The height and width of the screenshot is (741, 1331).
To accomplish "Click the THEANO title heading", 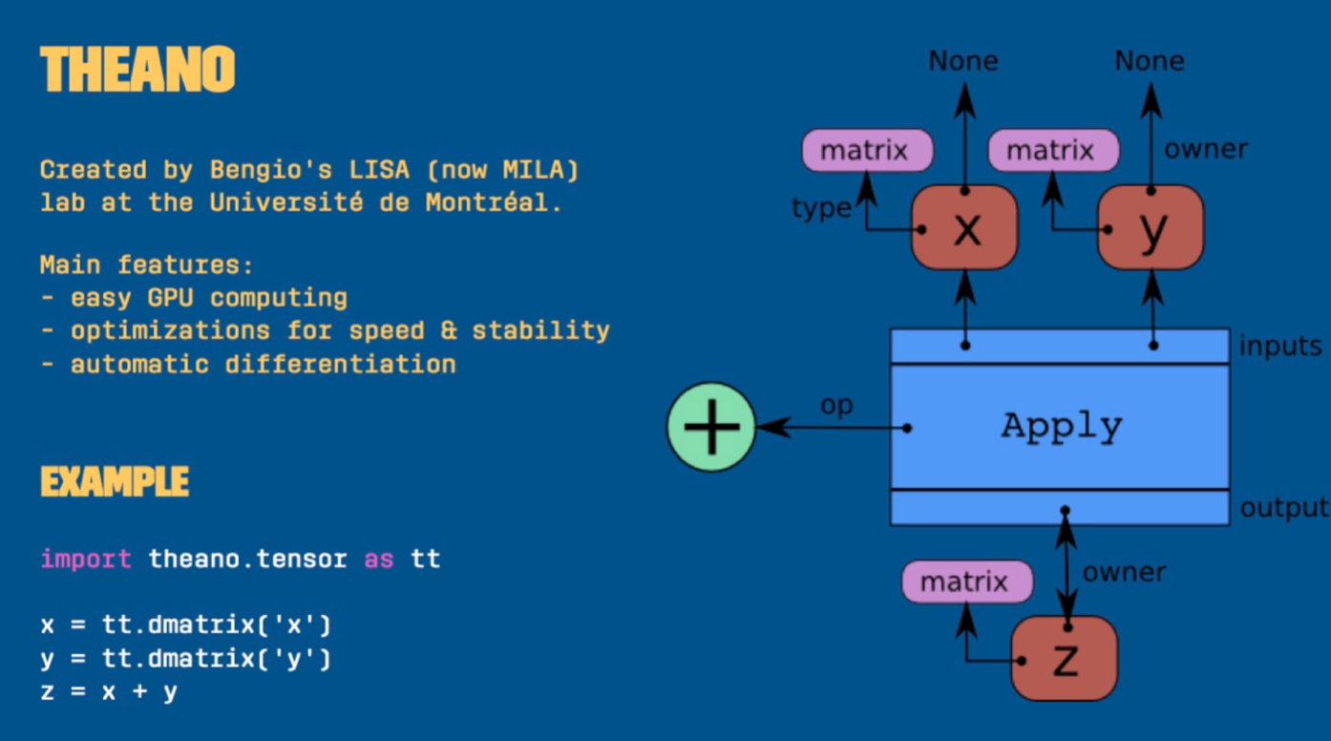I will click(137, 70).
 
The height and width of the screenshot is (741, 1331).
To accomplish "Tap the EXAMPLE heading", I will click(115, 482).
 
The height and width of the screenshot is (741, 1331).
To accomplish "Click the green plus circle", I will click(711, 427).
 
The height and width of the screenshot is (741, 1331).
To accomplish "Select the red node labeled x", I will click(964, 227).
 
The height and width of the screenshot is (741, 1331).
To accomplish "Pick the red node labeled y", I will click(1151, 227).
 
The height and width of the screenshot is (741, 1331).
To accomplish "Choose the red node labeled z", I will click(1064, 658).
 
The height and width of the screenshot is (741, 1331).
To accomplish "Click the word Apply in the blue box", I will click(1062, 426).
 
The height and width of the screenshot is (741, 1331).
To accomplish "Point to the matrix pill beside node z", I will click(967, 581).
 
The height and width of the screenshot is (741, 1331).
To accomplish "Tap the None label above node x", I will click(963, 61).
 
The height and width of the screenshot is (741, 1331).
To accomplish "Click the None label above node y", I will click(1150, 61).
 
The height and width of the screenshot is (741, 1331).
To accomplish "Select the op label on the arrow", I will click(836, 405).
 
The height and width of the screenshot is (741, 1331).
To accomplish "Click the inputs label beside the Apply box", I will click(1280, 346).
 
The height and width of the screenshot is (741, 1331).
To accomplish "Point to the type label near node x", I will click(821, 207).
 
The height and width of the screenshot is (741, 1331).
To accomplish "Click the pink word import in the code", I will click(86, 559).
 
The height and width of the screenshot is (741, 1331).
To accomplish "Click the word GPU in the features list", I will click(170, 298).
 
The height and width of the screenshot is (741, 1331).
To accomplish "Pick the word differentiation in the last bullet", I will click(340, 364).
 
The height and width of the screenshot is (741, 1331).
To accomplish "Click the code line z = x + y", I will click(109, 691).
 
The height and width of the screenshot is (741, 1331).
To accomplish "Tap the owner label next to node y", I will click(1205, 149).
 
